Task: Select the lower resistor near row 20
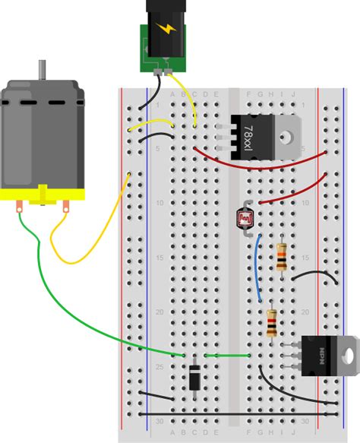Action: (272, 322)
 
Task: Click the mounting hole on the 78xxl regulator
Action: (289, 138)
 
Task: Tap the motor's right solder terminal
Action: (68, 204)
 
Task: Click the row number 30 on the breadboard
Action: (158, 420)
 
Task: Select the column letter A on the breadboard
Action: (173, 94)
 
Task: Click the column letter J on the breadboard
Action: (293, 94)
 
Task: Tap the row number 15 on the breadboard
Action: (158, 258)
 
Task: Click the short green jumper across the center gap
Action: (227, 355)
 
